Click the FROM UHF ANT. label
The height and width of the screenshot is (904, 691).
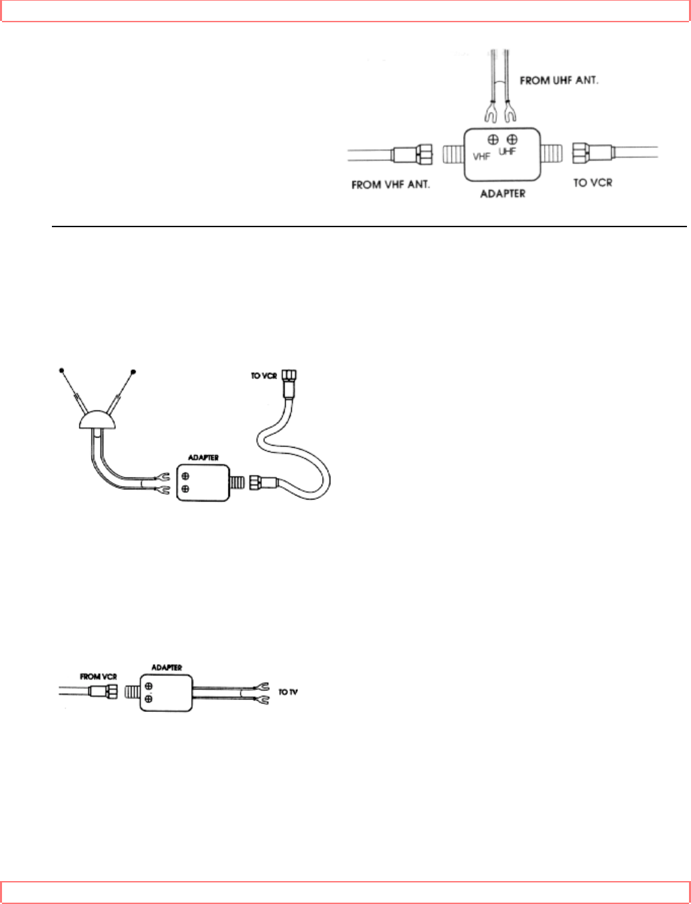tap(559, 80)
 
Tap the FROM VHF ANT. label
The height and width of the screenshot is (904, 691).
tap(390, 185)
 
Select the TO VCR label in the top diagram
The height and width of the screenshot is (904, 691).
tap(593, 183)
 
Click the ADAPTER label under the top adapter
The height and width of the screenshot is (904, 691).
tap(502, 194)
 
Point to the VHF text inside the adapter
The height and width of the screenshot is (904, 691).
tap(481, 157)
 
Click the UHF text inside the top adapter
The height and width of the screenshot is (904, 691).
tap(507, 152)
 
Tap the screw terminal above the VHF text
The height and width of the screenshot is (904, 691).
tap(493, 139)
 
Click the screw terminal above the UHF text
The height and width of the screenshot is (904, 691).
tap(512, 139)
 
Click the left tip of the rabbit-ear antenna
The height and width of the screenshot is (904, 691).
tap(62, 371)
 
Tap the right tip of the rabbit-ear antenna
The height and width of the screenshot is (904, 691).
tap(133, 371)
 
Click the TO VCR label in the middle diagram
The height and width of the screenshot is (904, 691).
tap(264, 375)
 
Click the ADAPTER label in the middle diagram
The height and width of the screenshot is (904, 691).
tap(203, 458)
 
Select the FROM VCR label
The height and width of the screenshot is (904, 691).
tap(98, 676)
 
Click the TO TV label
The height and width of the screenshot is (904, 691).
tap(288, 692)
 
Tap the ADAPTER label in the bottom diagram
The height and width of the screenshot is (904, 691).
tap(167, 667)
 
